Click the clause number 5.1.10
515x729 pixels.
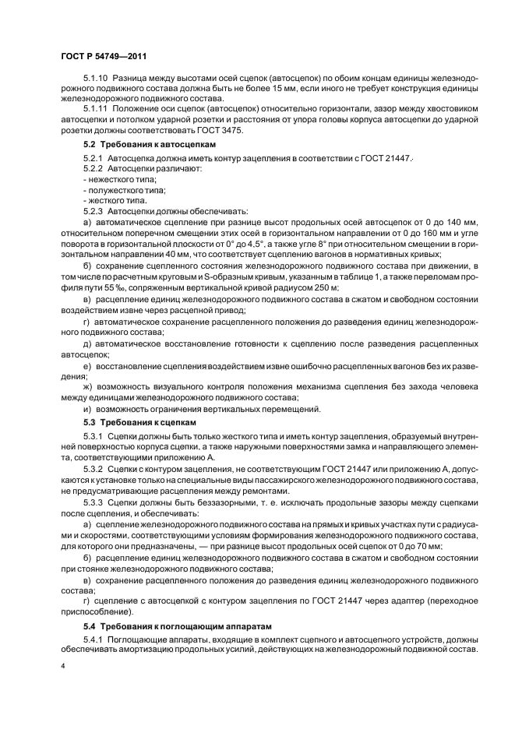click(96, 79)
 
